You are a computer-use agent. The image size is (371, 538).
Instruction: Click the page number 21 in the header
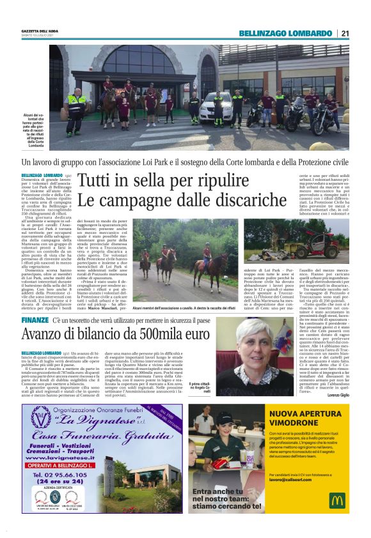click(x=345, y=33)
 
